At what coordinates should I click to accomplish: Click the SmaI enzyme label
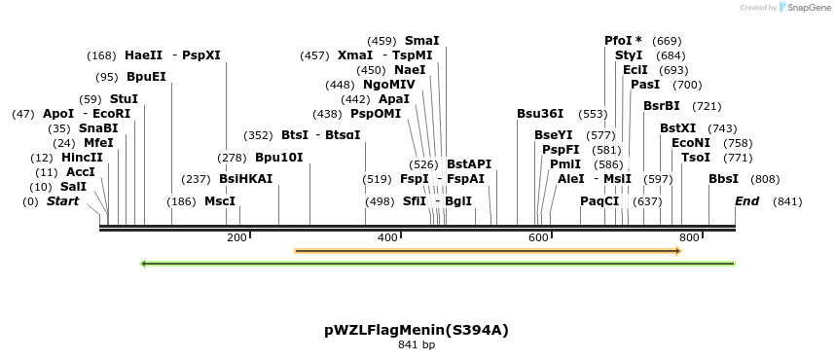pos(421,41)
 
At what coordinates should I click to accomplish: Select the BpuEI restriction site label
pos(146,77)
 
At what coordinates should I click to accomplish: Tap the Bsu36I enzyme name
pos(540,114)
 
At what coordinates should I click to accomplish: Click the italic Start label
pos(63,201)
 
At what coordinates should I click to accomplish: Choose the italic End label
pos(747,201)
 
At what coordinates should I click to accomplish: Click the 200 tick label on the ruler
pos(236,237)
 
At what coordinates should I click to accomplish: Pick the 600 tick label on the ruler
pos(538,237)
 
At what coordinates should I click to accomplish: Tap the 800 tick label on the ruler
pos(689,237)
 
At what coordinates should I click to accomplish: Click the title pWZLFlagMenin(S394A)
pos(416,330)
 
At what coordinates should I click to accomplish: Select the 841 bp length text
pos(417,344)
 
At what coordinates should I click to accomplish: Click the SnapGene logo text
pos(809,8)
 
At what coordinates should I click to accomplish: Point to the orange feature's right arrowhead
pos(677,251)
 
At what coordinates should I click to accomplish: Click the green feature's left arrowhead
pos(144,263)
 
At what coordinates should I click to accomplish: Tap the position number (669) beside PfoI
pos(667,41)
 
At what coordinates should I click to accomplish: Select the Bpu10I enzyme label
pos(279,158)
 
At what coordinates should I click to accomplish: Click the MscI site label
pos(220,201)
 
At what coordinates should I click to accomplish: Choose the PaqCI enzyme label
pos(599,201)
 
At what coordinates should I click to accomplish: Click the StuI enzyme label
pos(124,99)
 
